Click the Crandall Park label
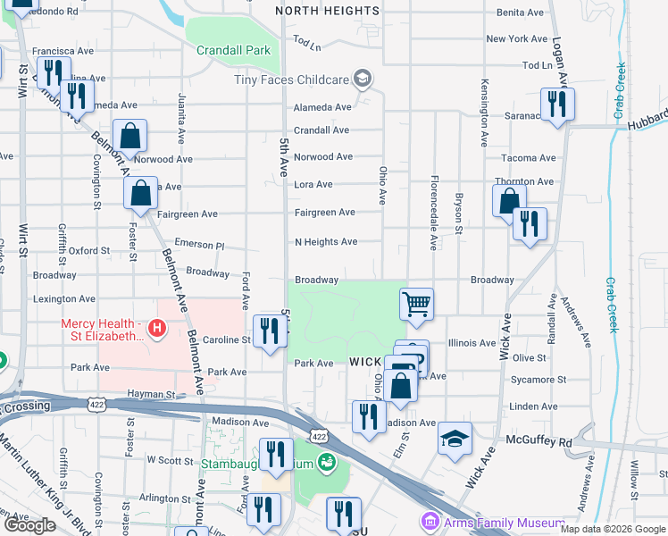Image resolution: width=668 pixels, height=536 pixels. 233,50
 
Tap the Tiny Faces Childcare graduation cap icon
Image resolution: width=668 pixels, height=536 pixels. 362,79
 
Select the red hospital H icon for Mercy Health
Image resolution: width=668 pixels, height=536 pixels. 157,330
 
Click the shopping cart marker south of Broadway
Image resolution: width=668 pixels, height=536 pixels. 416,305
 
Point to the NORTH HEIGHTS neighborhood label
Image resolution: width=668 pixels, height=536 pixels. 327,11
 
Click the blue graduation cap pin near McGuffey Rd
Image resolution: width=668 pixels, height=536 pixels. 455,439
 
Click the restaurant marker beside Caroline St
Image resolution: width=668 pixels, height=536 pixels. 269,331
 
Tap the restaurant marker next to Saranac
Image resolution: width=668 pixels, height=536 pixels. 557,105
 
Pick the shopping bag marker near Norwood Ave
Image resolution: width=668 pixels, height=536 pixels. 129,137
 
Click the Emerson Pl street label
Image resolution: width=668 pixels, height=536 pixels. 199,244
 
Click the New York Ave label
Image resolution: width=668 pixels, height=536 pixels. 516,38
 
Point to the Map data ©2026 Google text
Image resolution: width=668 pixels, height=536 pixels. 612,529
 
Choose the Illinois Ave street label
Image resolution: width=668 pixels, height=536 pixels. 472,343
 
